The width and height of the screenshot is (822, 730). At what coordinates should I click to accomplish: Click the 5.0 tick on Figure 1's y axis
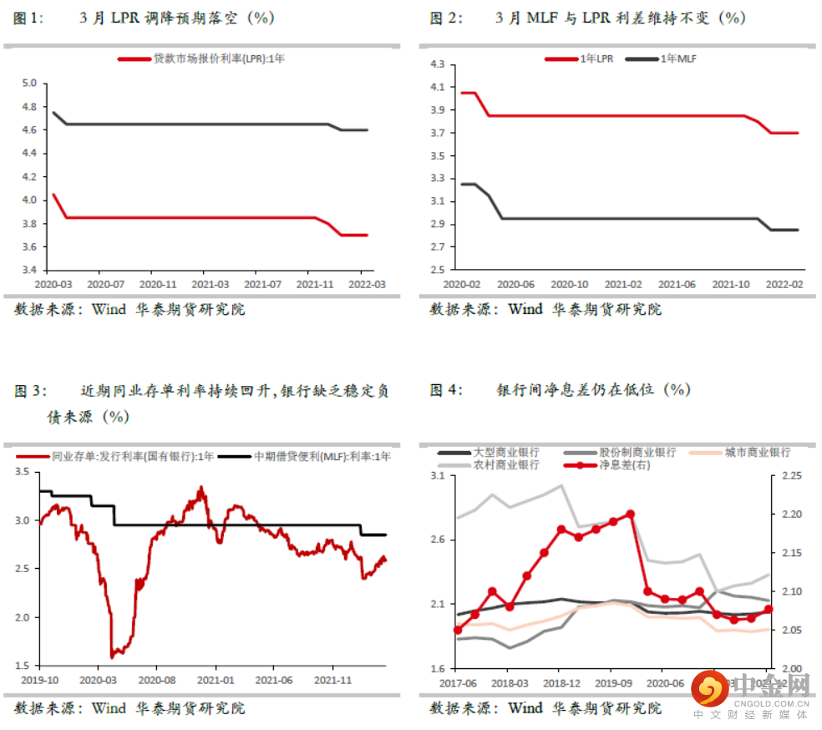pyautogui.click(x=30, y=84)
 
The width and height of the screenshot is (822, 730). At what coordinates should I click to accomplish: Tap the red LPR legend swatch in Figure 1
pyautogui.click(x=134, y=58)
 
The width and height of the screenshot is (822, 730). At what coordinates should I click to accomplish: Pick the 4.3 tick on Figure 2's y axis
pyautogui.click(x=439, y=64)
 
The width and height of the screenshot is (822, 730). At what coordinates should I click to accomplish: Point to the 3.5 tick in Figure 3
pyautogui.click(x=23, y=473)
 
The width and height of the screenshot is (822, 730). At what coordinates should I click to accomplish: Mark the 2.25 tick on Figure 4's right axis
pyautogui.click(x=789, y=475)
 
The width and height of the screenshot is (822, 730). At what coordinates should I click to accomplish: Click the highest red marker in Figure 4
pyautogui.click(x=630, y=515)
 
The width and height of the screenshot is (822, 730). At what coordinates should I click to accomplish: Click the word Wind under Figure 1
pyautogui.click(x=109, y=310)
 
